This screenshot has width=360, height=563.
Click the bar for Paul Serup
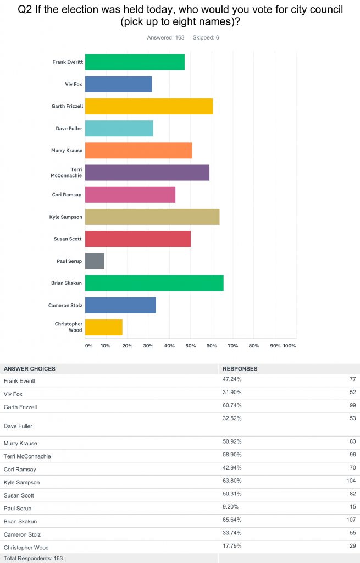(x=95, y=261)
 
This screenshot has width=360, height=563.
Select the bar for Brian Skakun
(x=154, y=283)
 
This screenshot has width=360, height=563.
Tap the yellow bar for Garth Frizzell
(x=148, y=106)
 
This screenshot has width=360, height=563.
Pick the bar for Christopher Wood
(x=103, y=327)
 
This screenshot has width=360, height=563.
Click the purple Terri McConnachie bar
(x=147, y=173)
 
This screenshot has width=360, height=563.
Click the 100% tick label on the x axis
(x=289, y=346)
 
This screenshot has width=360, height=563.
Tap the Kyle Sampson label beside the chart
(x=65, y=217)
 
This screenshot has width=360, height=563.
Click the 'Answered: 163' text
(x=165, y=37)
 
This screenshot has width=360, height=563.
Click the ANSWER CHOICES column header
(x=30, y=369)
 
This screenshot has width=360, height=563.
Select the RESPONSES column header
(x=240, y=369)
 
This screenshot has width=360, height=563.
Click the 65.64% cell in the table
(x=231, y=520)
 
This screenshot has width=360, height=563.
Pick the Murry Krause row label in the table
(x=21, y=443)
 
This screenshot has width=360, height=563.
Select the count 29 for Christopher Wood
(x=352, y=547)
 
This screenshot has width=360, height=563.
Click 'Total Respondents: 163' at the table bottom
(x=32, y=558)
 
